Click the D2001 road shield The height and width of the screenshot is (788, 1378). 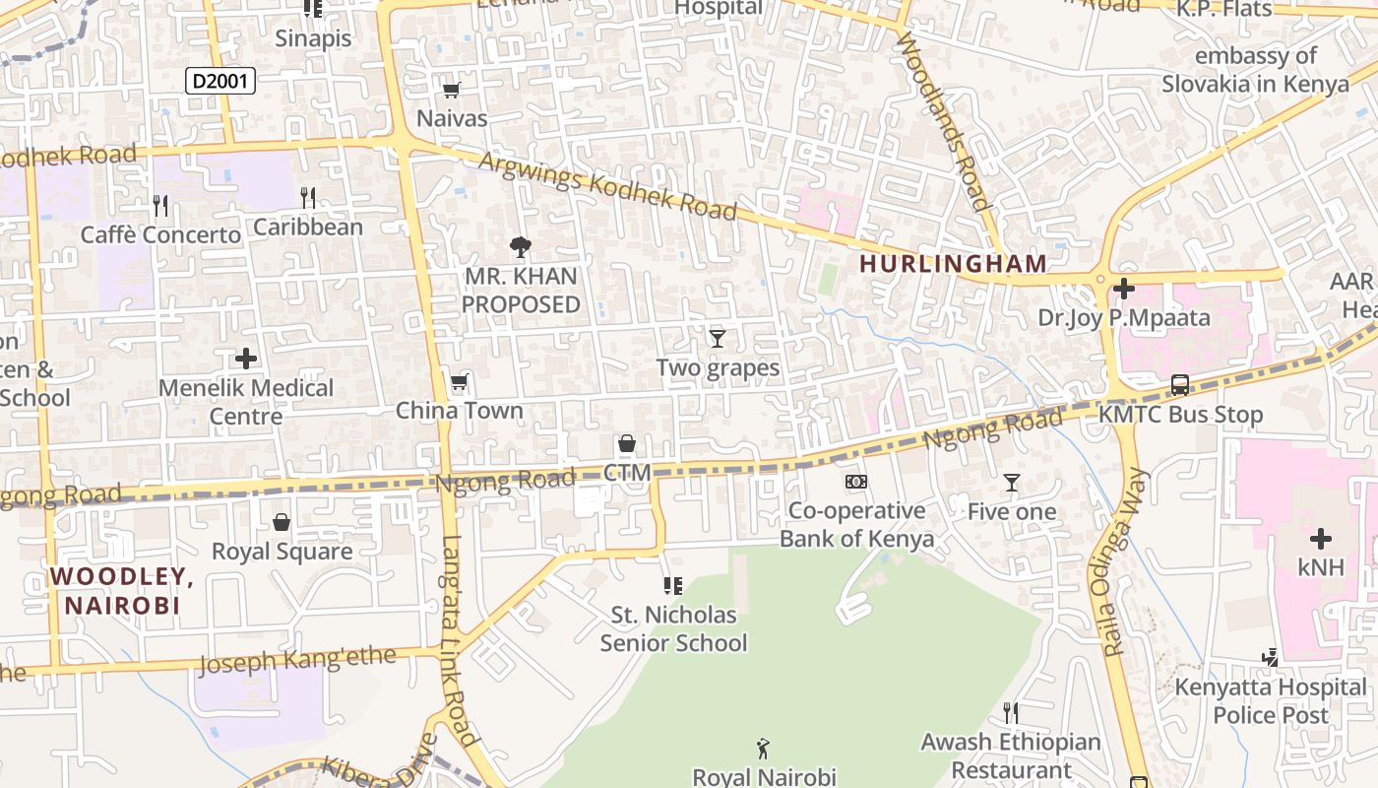click(220, 81)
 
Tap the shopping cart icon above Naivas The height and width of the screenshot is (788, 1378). click(452, 91)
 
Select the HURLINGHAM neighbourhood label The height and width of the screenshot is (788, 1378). click(953, 263)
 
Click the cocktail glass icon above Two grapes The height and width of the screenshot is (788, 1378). click(718, 339)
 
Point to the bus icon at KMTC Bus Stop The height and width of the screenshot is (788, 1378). click(1179, 385)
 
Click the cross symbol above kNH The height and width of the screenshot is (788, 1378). click(1321, 539)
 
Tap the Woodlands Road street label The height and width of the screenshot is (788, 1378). click(942, 120)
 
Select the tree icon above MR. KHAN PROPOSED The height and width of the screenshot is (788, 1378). click(521, 247)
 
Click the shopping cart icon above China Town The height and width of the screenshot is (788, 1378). click(459, 382)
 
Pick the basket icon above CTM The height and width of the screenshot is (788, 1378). click(627, 444)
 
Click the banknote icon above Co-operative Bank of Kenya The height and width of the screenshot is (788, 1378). click(856, 482)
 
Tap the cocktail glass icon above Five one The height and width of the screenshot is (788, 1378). click(1011, 483)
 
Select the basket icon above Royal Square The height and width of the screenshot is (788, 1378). click(282, 522)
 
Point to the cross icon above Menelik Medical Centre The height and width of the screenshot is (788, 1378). click(246, 359)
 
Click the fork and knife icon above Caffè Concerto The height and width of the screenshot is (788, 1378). click(160, 206)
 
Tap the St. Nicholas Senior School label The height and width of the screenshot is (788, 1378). click(674, 628)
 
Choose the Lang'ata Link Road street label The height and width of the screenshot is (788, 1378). click(459, 640)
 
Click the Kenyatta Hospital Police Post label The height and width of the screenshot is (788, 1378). click(1270, 700)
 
